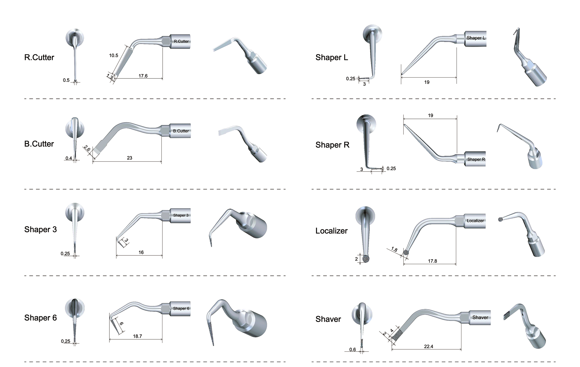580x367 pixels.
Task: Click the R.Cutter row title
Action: [x=39, y=58]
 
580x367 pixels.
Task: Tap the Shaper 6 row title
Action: [x=40, y=318]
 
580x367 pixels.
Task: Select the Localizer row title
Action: [x=332, y=231]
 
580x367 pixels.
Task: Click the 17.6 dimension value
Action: [x=143, y=76]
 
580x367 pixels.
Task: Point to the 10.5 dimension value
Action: [x=114, y=56]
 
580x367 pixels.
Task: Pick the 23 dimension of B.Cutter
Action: [x=130, y=158]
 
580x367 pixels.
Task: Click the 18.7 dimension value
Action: [x=137, y=336]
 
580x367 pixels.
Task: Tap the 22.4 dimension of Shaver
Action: [x=428, y=346]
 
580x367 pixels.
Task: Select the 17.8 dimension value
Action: [x=433, y=261]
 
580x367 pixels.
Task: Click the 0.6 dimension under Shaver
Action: [x=352, y=350]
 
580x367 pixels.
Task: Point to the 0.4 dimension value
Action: [x=69, y=158]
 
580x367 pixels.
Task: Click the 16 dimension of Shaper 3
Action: [x=141, y=252]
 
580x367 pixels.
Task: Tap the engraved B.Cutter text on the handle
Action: [x=181, y=131]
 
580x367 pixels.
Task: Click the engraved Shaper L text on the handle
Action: [x=476, y=38]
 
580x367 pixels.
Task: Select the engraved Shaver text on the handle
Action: [x=480, y=317]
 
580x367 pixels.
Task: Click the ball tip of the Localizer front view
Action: [x=366, y=259]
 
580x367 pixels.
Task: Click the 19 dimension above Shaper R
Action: [x=431, y=116]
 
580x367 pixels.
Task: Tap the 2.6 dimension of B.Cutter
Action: [x=87, y=148]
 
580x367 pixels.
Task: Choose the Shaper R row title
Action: [x=332, y=145]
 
